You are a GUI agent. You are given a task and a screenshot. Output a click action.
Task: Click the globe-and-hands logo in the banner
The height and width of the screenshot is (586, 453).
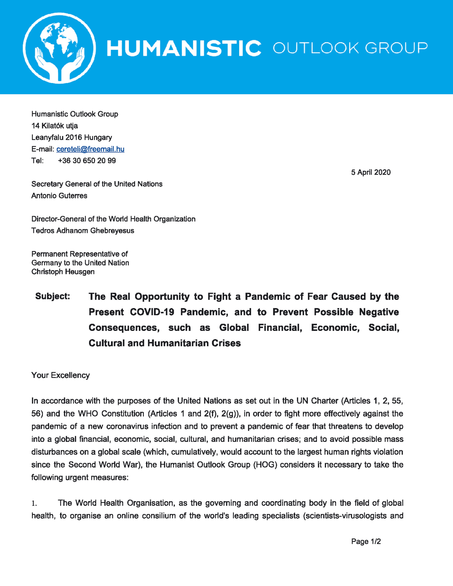tap(59, 48)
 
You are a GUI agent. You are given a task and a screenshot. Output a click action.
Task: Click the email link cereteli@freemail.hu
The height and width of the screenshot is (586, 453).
tap(90, 149)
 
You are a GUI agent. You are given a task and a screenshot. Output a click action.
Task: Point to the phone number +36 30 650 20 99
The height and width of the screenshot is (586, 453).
tap(87, 161)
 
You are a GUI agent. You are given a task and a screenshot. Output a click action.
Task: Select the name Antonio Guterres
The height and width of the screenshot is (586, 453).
tap(59, 196)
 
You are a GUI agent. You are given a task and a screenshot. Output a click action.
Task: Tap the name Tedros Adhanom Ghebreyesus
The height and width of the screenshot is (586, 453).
tap(83, 230)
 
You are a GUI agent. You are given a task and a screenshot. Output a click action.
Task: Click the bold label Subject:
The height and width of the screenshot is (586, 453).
tap(53, 296)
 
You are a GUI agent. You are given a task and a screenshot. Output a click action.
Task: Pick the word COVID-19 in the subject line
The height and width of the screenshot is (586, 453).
tap(152, 312)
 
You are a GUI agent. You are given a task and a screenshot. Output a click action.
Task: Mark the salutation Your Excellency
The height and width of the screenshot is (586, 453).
tap(60, 375)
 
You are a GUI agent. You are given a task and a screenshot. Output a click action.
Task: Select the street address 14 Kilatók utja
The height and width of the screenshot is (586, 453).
tap(55, 126)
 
